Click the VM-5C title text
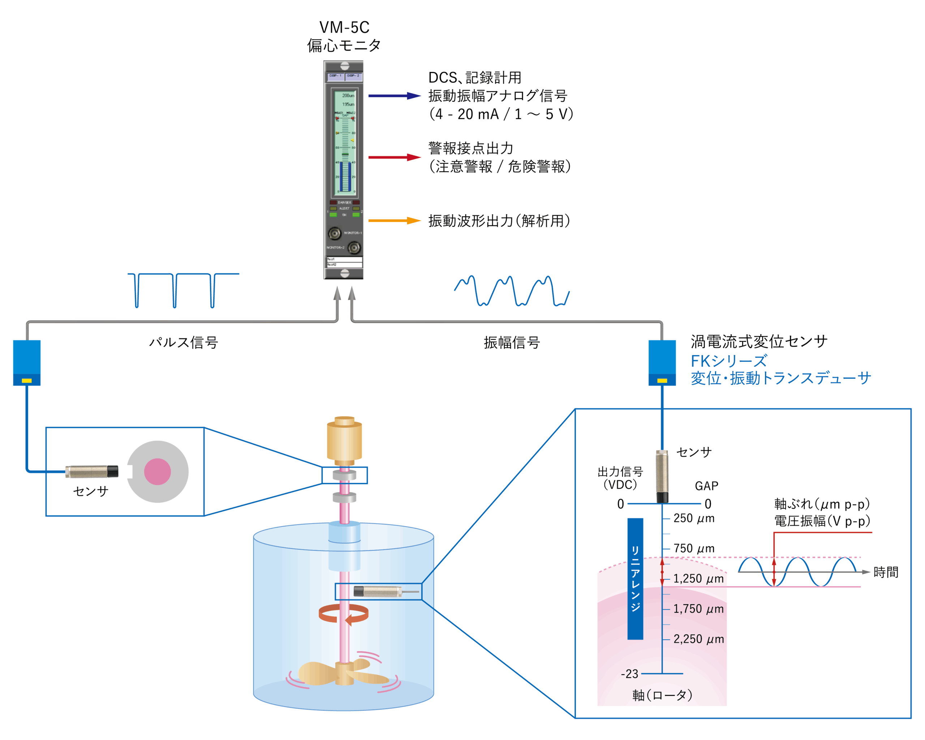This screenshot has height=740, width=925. (x=344, y=27)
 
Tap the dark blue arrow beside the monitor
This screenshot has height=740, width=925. (x=394, y=96)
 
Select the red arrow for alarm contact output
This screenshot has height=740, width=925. (x=394, y=157)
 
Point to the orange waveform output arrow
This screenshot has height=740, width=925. (x=394, y=221)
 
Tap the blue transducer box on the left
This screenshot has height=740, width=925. (x=27, y=362)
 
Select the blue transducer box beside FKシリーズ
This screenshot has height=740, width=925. (x=662, y=362)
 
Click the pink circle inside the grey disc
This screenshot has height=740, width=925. (x=158, y=472)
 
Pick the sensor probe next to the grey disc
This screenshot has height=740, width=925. (x=91, y=471)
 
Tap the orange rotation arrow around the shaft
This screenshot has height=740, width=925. (x=343, y=614)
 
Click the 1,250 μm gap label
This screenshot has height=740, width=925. (x=698, y=579)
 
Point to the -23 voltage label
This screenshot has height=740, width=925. (x=629, y=674)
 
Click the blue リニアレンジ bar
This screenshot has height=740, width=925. (x=635, y=579)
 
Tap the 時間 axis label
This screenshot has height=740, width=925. (x=886, y=572)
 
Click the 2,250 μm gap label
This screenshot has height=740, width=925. (x=698, y=639)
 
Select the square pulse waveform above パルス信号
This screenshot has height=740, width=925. (x=183, y=290)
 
